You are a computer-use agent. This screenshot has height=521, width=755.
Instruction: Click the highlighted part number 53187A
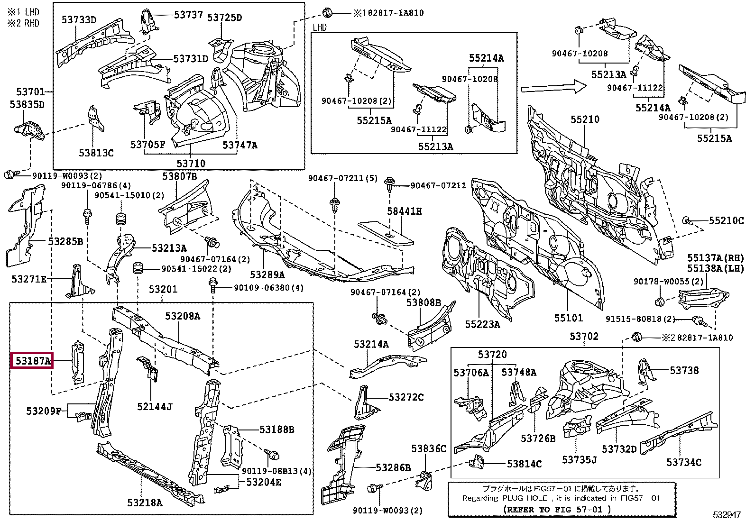pyautogui.click(x=32, y=361)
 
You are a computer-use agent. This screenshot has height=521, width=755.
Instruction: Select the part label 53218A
pyautogui.click(x=145, y=503)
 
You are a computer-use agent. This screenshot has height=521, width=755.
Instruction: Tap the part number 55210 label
pyautogui.click(x=585, y=119)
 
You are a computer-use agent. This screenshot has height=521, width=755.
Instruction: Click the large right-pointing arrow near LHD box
pyautogui.click(x=554, y=88)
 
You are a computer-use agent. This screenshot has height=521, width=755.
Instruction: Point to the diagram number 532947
pyautogui.click(x=727, y=515)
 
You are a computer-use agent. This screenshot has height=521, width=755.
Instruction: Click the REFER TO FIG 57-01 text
pyautogui.click(x=557, y=510)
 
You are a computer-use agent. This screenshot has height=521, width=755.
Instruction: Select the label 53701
pyautogui.click(x=30, y=91)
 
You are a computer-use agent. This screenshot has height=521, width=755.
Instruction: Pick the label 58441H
pyautogui.click(x=404, y=211)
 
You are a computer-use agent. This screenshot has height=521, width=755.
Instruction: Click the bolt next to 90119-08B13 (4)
pyautogui.click(x=273, y=455)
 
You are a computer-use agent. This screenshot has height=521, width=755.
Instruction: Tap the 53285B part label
pyautogui.click(x=65, y=241)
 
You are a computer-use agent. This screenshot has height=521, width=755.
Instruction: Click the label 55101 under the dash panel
pyautogui.click(x=568, y=318)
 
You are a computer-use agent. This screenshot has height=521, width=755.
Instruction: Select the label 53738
pyautogui.click(x=684, y=370)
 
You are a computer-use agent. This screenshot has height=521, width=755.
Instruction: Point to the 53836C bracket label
pyautogui.click(x=428, y=448)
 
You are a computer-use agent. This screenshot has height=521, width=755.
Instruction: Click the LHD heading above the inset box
pyautogui.click(x=320, y=27)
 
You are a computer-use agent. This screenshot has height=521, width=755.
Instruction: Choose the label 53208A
pyautogui.click(x=183, y=316)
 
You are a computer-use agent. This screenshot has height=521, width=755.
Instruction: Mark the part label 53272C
pyautogui.click(x=406, y=397)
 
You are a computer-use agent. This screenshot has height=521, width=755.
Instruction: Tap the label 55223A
pyautogui.click(x=482, y=324)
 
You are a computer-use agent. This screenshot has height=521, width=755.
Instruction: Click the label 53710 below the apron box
pyautogui.click(x=191, y=164)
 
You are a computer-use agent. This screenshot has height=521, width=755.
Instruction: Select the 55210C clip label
pyautogui.click(x=726, y=220)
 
